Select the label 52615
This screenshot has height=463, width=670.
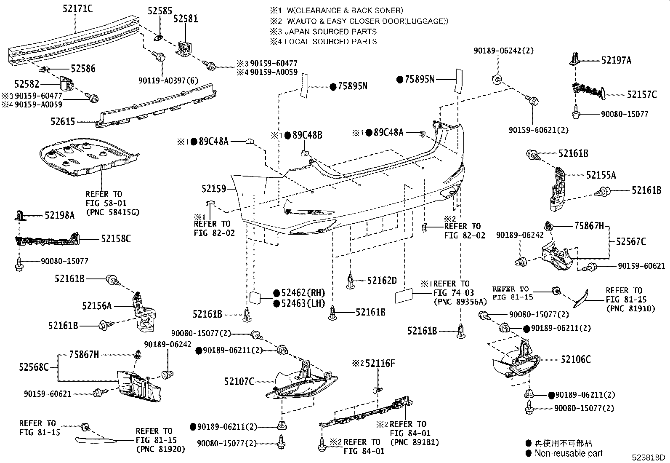(x=63, y=122)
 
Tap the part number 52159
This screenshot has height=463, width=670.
(x=213, y=189)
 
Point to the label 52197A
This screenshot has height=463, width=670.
(x=616, y=60)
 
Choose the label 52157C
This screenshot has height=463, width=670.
(x=641, y=95)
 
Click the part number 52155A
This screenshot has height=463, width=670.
(x=601, y=175)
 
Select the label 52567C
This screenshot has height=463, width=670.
(x=631, y=242)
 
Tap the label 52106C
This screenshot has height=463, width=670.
(x=575, y=359)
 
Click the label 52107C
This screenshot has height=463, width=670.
(x=239, y=382)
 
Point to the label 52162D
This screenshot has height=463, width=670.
(x=382, y=281)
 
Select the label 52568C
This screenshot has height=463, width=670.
(x=34, y=367)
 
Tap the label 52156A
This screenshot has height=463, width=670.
(x=97, y=306)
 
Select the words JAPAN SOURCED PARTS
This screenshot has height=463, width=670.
(x=330, y=31)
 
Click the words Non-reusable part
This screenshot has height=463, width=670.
(x=568, y=453)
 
